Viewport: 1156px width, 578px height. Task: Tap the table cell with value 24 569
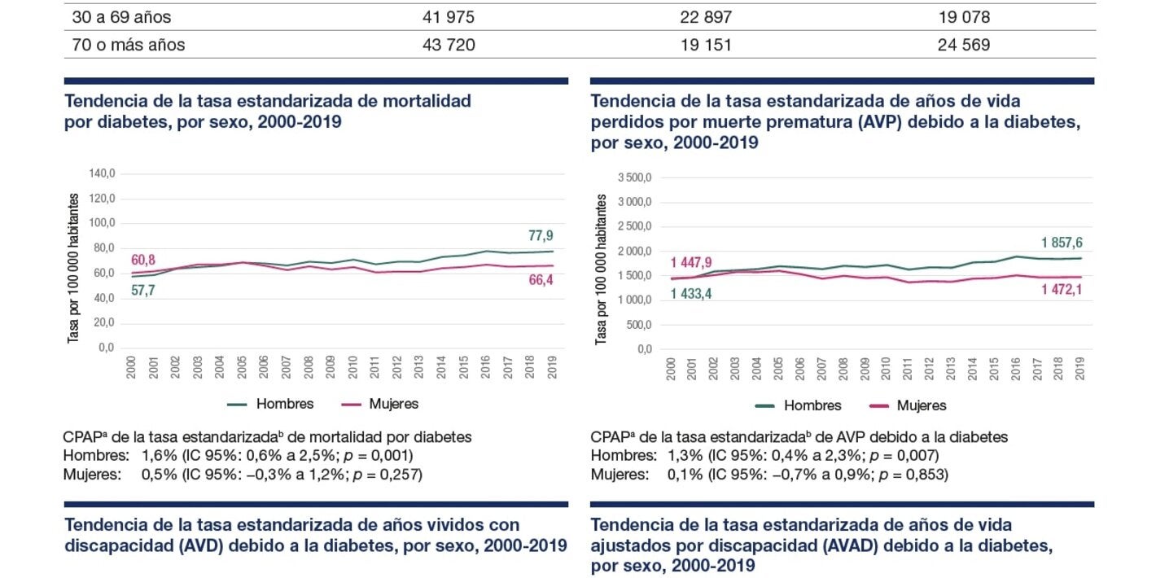tap(964, 45)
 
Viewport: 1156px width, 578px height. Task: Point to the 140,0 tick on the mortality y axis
tap(102, 173)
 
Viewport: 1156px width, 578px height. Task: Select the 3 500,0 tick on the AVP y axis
tap(635, 177)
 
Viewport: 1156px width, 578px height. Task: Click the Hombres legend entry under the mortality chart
tap(284, 404)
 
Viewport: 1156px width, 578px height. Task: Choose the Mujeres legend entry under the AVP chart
tap(922, 405)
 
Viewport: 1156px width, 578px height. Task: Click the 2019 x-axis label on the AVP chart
tap(1079, 367)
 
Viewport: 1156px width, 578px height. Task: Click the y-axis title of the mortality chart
tap(73, 269)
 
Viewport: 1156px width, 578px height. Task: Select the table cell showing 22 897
tap(705, 17)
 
